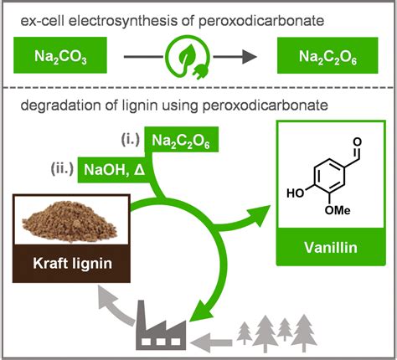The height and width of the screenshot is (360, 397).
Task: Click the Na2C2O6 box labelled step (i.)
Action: (183, 142)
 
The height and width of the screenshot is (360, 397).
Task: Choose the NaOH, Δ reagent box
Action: (116, 172)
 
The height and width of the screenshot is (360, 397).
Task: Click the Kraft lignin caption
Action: (70, 267)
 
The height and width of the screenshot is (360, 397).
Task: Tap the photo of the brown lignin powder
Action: (70, 221)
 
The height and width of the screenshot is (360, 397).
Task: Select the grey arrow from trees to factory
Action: (214, 340)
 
